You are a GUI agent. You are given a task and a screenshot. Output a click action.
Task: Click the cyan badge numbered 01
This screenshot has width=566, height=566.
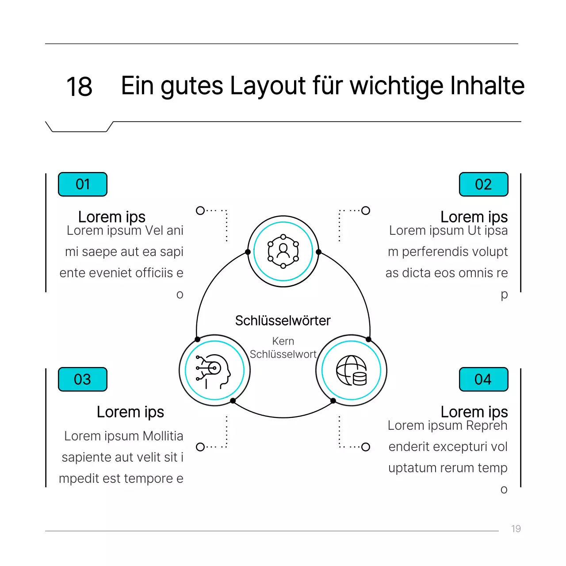(83, 184)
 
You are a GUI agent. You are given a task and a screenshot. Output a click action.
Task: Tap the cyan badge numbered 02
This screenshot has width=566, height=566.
(483, 184)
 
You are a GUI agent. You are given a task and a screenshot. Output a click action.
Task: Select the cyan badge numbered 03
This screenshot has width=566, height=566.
(83, 379)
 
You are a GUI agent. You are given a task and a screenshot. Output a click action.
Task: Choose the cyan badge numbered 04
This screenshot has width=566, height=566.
(483, 379)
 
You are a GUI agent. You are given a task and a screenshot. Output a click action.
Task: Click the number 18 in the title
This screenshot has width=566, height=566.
(79, 86)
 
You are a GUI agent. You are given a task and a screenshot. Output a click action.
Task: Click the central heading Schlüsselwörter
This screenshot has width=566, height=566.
(283, 321)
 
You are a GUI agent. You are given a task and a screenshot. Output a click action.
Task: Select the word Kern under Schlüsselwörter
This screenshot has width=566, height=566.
(283, 341)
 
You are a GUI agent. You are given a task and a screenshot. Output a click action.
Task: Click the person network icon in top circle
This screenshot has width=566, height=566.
(283, 252)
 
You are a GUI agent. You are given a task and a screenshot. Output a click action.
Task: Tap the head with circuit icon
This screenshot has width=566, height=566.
(214, 371)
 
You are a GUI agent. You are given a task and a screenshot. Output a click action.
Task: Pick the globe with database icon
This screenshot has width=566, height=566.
(351, 371)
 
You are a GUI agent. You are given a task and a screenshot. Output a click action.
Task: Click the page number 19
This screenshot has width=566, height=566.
(516, 529)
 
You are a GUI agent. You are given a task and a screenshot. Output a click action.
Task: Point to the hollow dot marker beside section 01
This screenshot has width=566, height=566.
(200, 210)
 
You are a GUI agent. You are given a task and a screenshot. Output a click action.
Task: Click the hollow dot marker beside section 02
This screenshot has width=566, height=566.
(366, 210)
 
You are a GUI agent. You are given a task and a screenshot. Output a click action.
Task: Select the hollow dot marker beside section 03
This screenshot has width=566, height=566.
(200, 447)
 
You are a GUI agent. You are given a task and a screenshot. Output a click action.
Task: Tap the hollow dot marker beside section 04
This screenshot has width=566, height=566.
(366, 447)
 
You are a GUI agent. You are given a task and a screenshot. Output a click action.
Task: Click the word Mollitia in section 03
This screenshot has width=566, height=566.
(163, 436)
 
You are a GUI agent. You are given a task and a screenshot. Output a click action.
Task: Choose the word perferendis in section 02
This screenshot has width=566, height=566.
(434, 252)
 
